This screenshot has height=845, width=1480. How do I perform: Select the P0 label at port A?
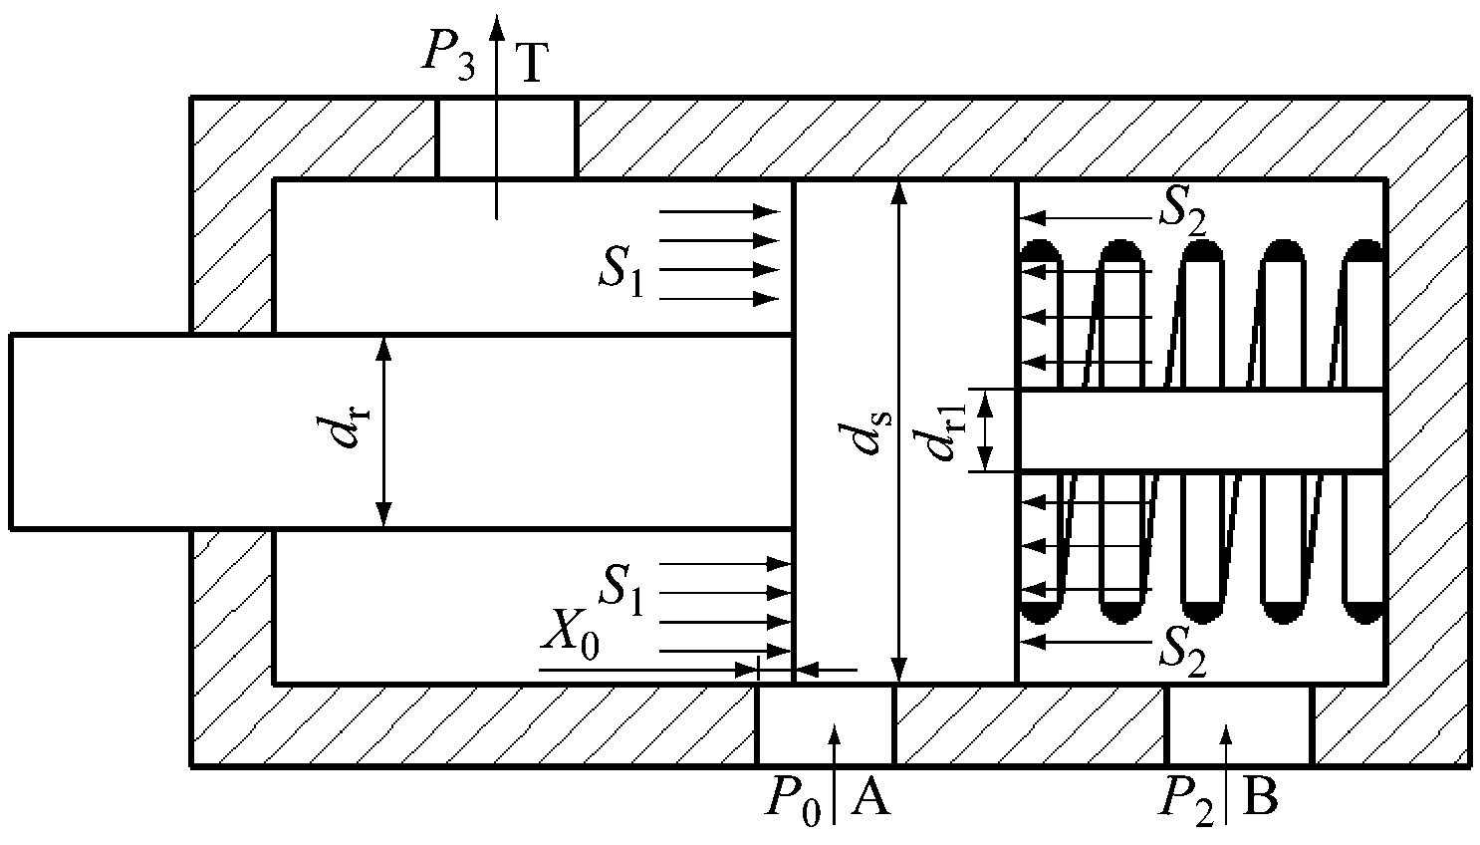pos(794,800)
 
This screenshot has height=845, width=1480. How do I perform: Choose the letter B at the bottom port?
pos(1260,796)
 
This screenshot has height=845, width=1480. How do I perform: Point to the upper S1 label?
pos(620,272)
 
